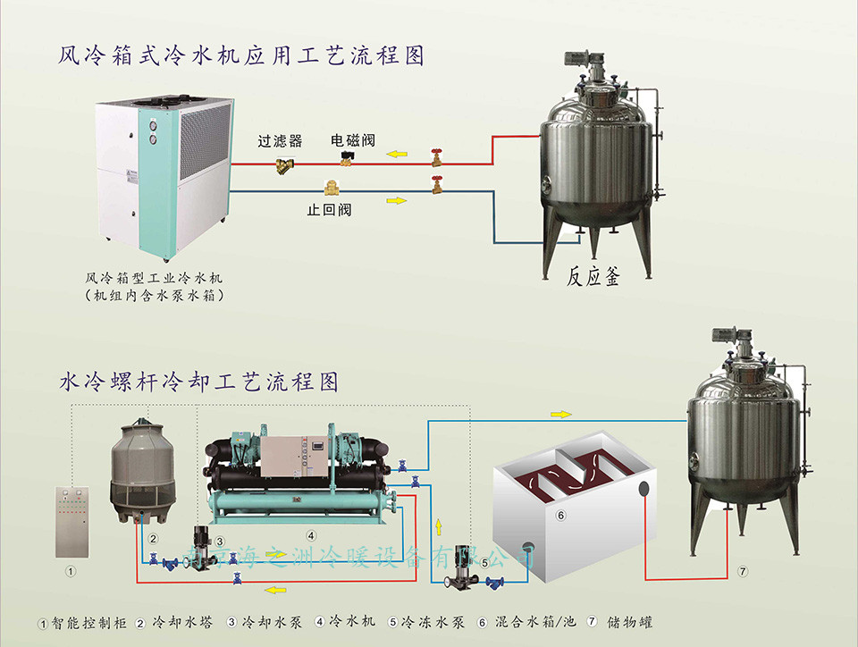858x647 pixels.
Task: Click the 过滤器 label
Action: pos(280,141)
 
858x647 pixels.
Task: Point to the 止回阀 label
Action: pos(329,211)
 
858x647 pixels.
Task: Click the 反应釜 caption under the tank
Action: pos(593,276)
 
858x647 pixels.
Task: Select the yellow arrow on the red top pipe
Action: pos(396,154)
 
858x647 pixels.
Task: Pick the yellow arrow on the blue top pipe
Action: pos(396,200)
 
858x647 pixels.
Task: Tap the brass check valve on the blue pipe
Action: pos(330,189)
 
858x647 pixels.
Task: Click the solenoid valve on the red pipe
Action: pos(345,158)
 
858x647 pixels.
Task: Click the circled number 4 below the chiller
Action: pos(311,536)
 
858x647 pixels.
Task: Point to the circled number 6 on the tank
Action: pos(560,516)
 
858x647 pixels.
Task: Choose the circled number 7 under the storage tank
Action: pos(742,570)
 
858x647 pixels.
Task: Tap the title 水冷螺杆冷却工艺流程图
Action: pos(198,383)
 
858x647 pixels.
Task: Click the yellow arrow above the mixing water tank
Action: pos(560,414)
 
